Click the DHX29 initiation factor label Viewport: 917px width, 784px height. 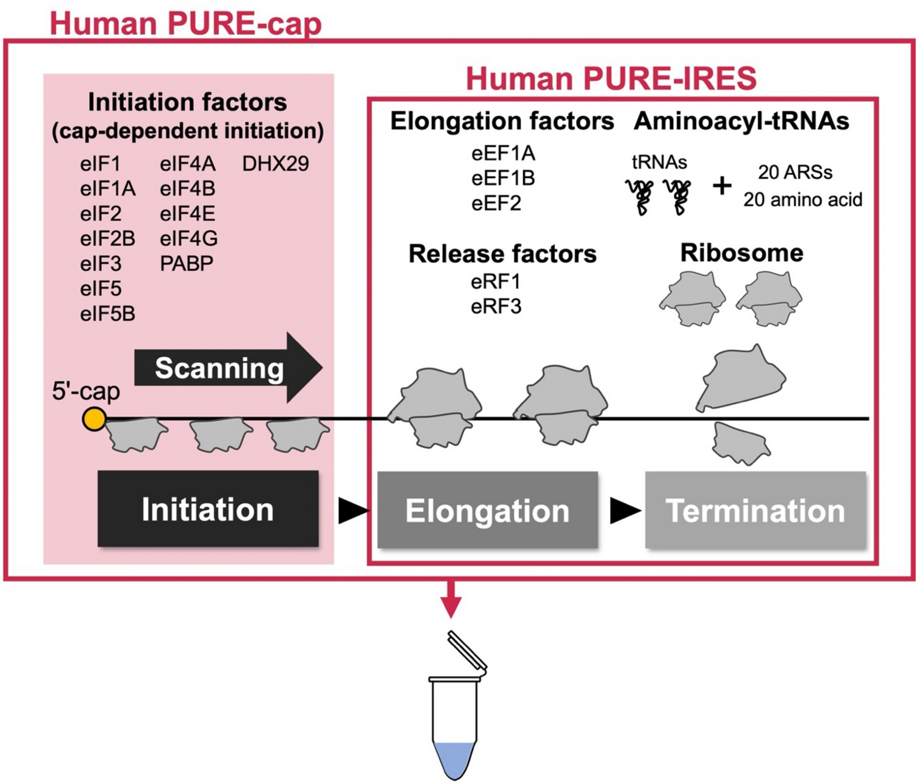tap(275, 163)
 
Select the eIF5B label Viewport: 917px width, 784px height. tap(107, 313)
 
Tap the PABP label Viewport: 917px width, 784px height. tap(187, 263)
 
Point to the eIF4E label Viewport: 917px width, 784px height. tap(187, 213)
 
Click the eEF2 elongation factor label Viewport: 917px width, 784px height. tap(496, 203)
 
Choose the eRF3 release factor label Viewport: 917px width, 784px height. tap(496, 306)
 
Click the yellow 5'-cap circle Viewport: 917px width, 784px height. tap(95, 419)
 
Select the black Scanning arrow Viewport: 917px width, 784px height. tap(226, 368)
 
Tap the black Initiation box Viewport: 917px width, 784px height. tap(208, 509)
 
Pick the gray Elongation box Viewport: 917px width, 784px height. tap(487, 510)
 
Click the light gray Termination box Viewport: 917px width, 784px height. tap(755, 510)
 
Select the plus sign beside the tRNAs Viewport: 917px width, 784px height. tap(722, 185)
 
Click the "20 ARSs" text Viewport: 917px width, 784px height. tap(795, 173)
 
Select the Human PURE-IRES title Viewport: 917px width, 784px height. tap(611, 79)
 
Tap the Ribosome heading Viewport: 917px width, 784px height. tap(741, 252)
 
